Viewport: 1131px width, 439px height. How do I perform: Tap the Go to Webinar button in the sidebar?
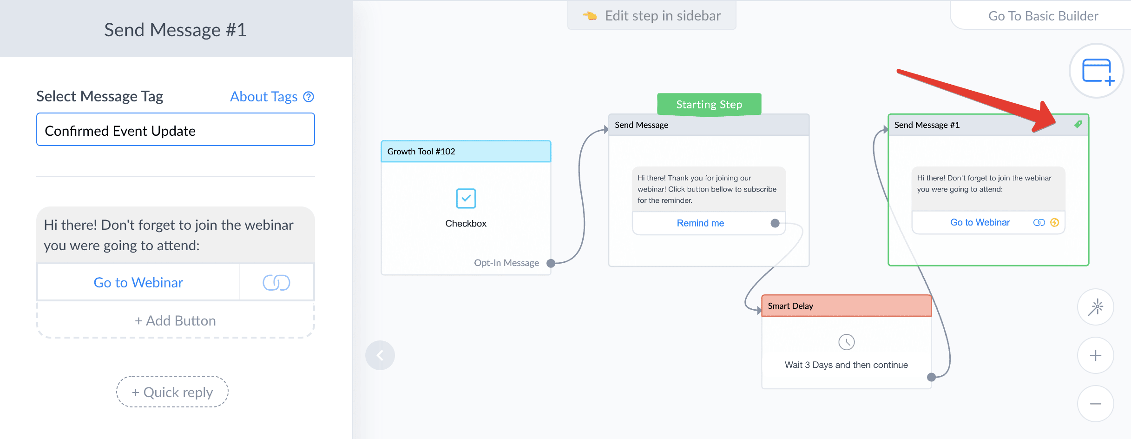[138, 282]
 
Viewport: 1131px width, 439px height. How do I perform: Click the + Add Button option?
[176, 320]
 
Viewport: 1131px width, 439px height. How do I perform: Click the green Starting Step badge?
[709, 104]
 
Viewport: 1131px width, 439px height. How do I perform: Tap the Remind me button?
[700, 223]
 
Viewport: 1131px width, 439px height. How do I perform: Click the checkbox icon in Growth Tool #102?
[466, 199]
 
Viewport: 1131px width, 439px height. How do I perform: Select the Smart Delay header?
[847, 306]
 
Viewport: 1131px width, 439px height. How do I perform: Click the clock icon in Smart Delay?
[847, 342]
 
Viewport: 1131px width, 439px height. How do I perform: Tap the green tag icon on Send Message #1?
[1078, 124]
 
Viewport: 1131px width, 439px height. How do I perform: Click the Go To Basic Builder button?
[1043, 16]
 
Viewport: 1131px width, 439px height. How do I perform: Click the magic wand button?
[1096, 307]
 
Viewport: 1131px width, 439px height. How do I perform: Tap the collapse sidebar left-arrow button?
[380, 355]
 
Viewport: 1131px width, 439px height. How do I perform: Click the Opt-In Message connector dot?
[551, 263]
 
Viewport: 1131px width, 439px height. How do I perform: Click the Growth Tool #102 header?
[466, 152]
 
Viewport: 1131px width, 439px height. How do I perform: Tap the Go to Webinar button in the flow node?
[980, 222]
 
